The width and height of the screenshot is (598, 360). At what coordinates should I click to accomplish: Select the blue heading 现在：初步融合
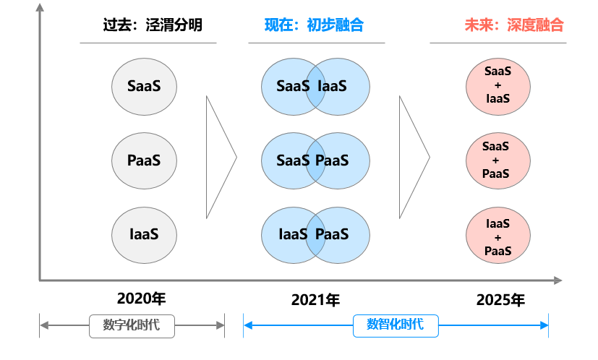314,25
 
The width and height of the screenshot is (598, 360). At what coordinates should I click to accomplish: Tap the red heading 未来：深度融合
513,25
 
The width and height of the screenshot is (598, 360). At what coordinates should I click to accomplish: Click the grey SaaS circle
144,86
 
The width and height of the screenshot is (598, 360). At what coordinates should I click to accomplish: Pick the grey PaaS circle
144,160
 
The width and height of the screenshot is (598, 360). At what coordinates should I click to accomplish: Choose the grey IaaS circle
144,234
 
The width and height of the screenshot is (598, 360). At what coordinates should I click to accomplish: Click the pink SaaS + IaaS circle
497,85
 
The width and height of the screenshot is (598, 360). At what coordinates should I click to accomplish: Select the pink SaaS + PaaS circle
497,160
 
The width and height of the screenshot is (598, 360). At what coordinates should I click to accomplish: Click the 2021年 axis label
315,300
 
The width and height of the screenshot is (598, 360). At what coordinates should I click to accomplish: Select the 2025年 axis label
500,300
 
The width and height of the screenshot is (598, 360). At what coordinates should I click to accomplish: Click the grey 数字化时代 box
132,325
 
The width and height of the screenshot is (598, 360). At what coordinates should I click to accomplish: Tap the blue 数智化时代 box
396,325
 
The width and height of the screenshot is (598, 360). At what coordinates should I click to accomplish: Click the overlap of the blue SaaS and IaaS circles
316,86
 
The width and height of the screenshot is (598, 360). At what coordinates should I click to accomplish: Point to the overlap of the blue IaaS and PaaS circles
316,234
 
